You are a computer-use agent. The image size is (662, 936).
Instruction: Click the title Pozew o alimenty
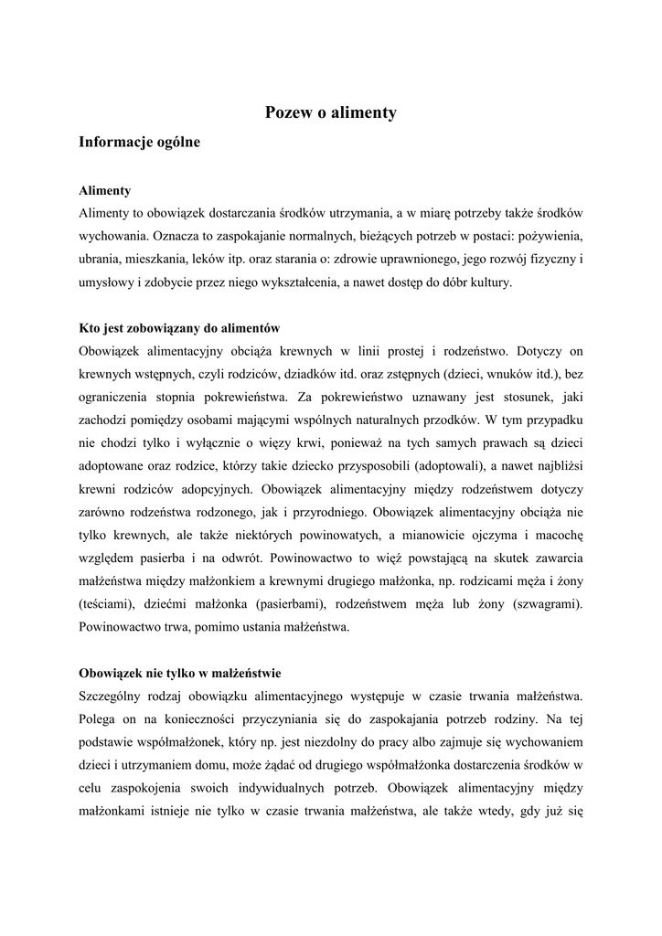point(331,113)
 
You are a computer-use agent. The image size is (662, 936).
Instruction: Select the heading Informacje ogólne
point(139,143)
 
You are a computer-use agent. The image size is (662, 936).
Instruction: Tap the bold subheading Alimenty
point(105,190)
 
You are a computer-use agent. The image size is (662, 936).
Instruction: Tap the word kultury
point(492,282)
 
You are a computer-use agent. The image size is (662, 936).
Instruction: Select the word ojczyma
point(496,535)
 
